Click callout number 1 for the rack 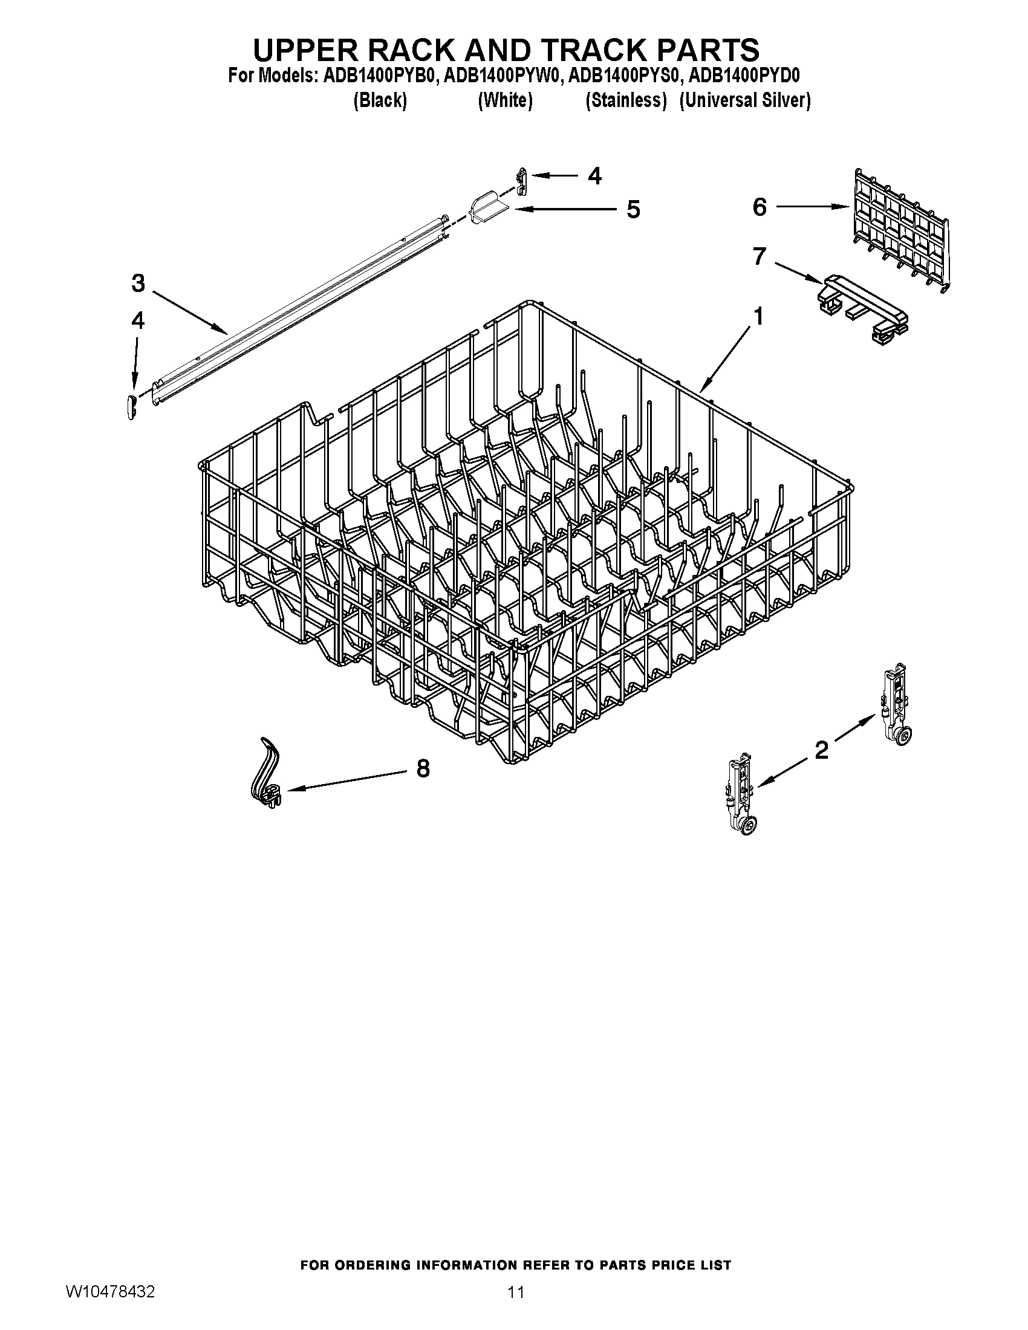coord(758,317)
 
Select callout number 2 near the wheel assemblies coord(822,750)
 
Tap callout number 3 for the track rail coord(138,283)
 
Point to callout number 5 coord(633,210)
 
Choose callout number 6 coord(760,207)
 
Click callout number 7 coord(758,256)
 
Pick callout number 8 coord(423,768)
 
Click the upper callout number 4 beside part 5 coord(594,176)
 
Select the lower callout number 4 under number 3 coord(138,321)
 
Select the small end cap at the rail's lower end coord(129,406)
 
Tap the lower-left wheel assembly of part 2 coord(741,794)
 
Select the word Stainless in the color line coord(625,100)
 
